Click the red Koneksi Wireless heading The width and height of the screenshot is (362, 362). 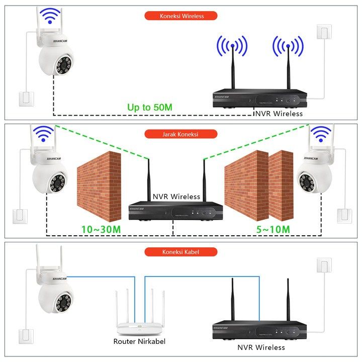point(181,16)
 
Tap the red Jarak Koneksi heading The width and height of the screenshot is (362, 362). point(181,134)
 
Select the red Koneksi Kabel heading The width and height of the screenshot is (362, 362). point(181,252)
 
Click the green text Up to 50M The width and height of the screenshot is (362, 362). point(150,107)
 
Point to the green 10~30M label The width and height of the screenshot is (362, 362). point(101,229)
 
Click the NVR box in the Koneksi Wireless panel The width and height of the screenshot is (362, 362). point(259,99)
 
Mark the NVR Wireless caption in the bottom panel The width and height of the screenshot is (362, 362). point(261,347)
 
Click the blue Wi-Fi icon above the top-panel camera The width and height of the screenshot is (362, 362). point(49,17)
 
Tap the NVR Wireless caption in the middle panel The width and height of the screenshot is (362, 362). point(176,197)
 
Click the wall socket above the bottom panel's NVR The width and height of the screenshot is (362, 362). point(324,265)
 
